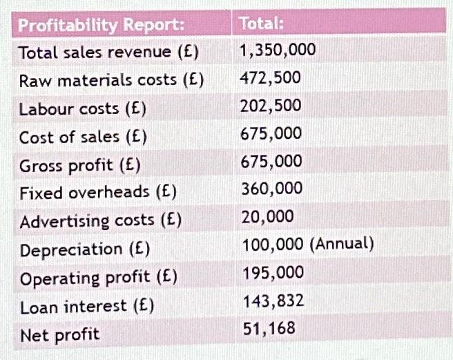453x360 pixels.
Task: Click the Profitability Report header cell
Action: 102,26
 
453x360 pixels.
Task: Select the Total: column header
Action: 262,24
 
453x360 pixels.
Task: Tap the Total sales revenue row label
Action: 108,53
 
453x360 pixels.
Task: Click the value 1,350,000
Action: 278,50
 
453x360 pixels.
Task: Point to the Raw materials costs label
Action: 111,80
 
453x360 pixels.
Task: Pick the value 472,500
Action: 270,77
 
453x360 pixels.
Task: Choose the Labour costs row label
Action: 83,109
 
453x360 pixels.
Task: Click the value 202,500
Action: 271,106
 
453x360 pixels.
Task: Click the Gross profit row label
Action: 80,166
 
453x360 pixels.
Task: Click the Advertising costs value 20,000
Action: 268,218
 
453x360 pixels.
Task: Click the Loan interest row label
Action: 87,306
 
